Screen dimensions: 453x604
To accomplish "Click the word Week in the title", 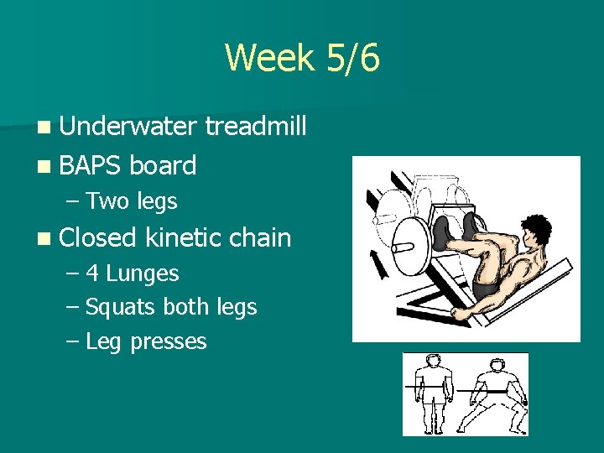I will tap(266, 59).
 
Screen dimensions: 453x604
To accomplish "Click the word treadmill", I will tap(256, 127).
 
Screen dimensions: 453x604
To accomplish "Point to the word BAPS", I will tap(91, 165).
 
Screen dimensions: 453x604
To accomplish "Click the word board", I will tap(164, 165).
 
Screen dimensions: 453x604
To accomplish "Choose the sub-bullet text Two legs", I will tap(131, 201).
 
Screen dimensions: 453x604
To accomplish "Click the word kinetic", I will tap(182, 237).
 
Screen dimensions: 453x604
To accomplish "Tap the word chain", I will tap(260, 237).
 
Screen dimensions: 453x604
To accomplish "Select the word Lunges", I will tap(143, 273).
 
